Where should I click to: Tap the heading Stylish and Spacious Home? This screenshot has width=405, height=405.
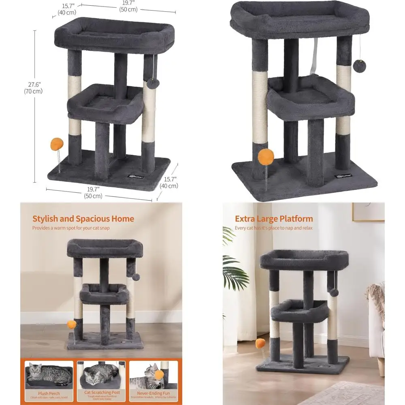pos(83,219)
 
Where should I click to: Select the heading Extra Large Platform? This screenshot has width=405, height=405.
pos(274,219)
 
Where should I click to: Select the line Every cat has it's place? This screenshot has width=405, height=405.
pos(274,228)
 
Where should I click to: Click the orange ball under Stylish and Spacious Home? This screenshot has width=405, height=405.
pos(72,324)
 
